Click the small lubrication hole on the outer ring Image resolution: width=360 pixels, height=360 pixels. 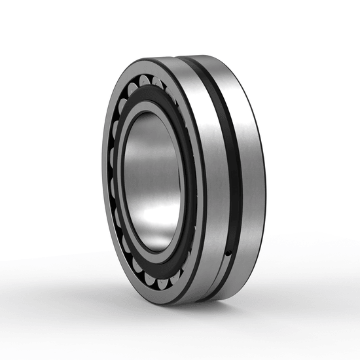pos(228,251)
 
